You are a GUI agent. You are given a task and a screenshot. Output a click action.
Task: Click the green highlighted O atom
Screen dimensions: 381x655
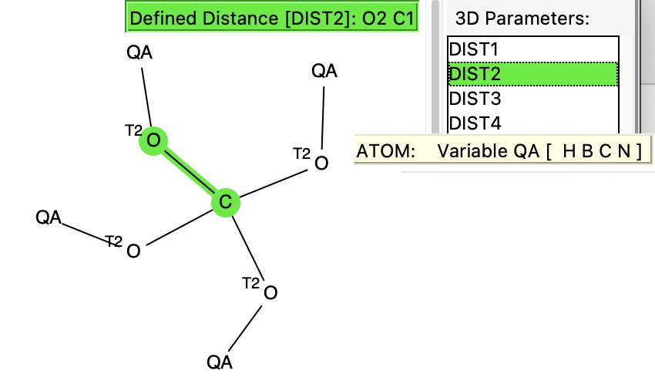(153, 140)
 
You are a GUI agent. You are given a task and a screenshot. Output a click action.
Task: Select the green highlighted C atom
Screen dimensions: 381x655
(226, 202)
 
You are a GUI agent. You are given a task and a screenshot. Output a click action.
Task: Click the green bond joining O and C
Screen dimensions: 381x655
(190, 171)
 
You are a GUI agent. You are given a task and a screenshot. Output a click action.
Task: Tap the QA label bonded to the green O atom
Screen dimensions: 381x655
(139, 53)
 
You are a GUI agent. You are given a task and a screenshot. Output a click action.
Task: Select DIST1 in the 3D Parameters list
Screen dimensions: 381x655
(474, 50)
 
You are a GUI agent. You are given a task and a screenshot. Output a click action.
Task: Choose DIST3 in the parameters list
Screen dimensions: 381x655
(474, 99)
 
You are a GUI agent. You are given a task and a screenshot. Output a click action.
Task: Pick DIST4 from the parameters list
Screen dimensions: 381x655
(474, 123)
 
